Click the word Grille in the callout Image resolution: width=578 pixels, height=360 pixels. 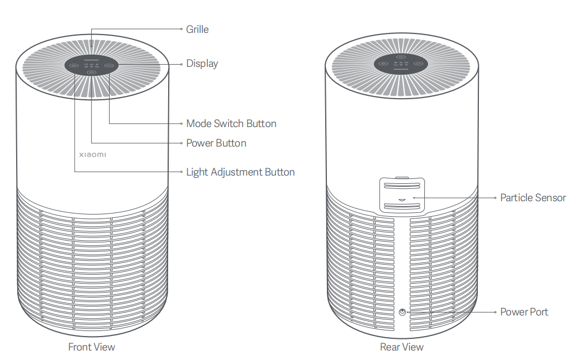click(197, 29)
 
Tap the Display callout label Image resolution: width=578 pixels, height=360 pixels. click(202, 64)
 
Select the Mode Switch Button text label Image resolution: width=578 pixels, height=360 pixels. click(231, 123)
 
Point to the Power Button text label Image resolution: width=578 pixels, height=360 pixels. click(216, 143)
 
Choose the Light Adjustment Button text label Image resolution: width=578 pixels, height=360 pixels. click(240, 172)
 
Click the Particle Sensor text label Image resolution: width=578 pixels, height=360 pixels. click(532, 197)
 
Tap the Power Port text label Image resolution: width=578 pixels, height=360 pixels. click(523, 312)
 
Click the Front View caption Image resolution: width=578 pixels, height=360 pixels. click(91, 347)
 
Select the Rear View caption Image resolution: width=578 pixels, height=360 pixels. click(401, 347)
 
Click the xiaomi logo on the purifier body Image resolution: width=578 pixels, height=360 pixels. click(92, 153)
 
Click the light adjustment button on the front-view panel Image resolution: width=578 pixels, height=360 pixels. click(74, 65)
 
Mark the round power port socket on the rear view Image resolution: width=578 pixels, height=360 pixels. click(403, 312)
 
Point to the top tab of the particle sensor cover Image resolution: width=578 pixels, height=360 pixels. click(403, 179)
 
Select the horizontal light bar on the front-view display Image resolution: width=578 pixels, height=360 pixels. click(91, 59)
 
